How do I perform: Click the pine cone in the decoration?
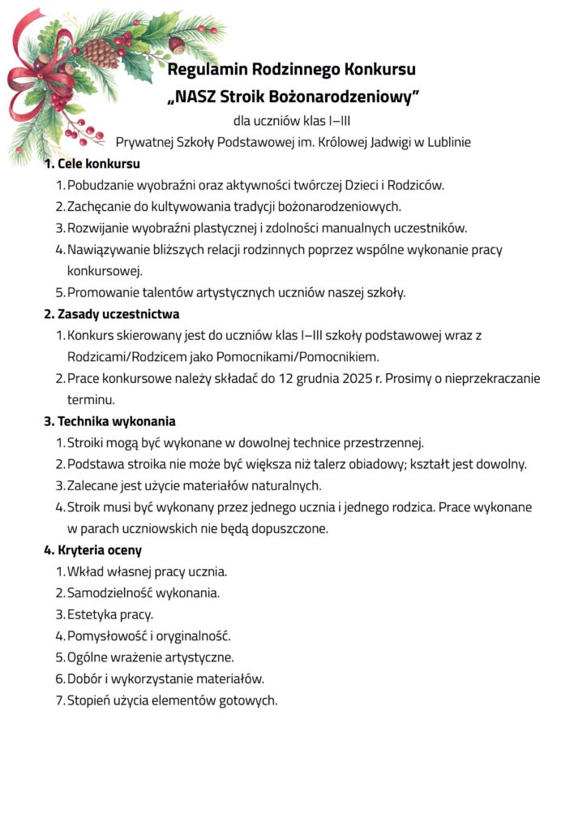click(101, 53)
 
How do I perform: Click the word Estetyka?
click(92, 614)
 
